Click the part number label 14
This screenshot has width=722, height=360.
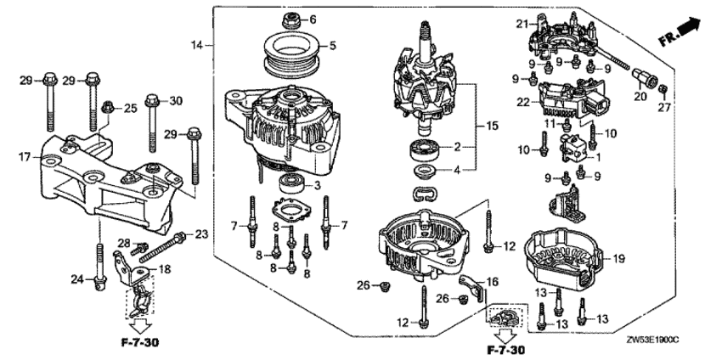197,45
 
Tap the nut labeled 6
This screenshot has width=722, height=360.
290,20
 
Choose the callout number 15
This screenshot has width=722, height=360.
492,126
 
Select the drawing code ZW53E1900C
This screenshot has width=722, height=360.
652,340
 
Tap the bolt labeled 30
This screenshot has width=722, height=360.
151,123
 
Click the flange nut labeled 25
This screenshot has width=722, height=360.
108,108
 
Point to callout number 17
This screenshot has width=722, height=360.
25,157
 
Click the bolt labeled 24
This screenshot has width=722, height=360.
99,267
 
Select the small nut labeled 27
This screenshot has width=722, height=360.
663,88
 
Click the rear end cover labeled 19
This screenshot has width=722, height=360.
567,260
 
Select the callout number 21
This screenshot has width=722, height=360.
521,25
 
